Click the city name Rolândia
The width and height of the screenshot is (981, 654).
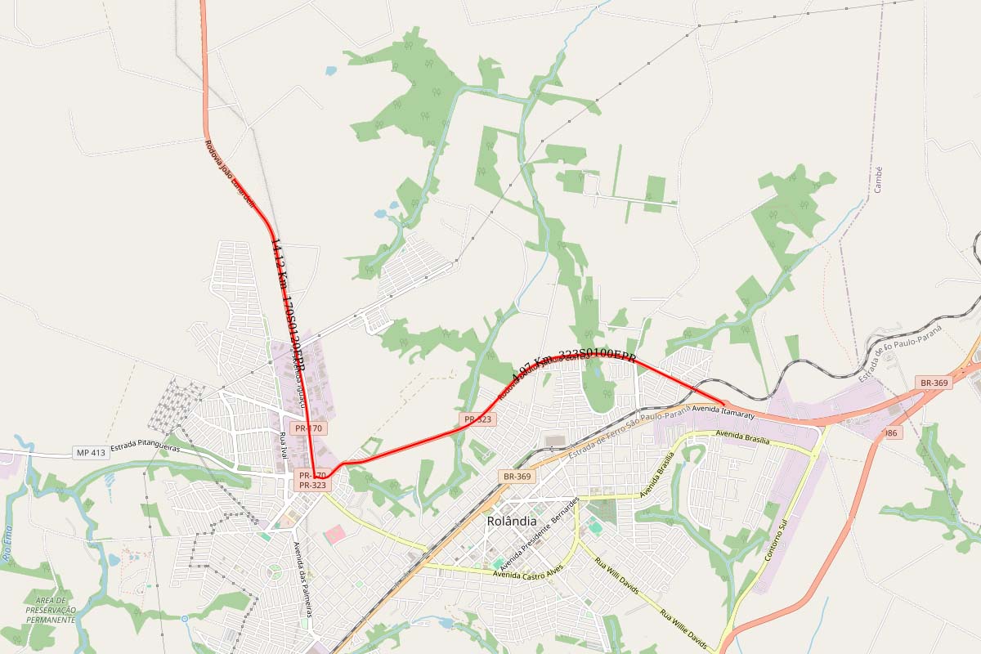512,521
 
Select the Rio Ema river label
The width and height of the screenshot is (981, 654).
9,545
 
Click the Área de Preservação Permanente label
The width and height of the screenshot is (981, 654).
51,610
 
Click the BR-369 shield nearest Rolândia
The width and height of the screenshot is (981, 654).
517,476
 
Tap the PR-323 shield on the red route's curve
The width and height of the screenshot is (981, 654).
477,419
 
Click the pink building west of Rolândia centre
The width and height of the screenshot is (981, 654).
335,535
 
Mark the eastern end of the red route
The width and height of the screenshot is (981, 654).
724,402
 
